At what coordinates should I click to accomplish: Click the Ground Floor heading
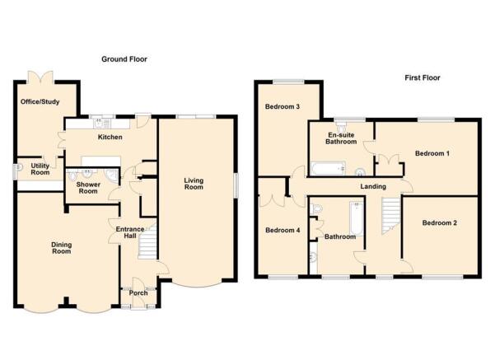[124, 59]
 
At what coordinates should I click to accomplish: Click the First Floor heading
[423, 77]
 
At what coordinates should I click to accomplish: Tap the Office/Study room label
[40, 101]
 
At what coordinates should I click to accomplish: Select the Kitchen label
[110, 137]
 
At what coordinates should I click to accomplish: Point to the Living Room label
[194, 184]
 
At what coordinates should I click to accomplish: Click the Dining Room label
[62, 248]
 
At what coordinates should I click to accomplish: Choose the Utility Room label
[40, 169]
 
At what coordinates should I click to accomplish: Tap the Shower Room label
[88, 188]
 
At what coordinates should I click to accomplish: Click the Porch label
[138, 293]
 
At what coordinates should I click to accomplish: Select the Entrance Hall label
[130, 232]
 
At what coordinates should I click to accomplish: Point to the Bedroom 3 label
[283, 106]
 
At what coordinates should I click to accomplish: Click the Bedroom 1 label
[432, 153]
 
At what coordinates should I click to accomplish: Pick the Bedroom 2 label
[440, 223]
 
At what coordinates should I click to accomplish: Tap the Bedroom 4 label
[283, 230]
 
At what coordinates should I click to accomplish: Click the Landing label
[373, 186]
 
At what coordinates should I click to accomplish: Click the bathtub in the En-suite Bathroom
[328, 168]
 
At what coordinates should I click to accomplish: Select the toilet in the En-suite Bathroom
[341, 127]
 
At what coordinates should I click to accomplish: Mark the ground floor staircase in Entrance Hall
[147, 242]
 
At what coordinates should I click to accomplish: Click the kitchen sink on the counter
[101, 123]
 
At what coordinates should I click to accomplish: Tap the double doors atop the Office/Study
[40, 77]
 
